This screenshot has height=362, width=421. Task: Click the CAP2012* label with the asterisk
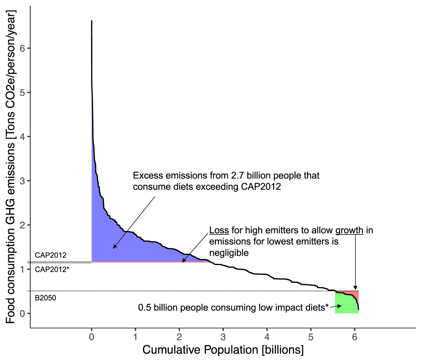pos(52,270)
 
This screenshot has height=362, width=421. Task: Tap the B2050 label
pos(45,298)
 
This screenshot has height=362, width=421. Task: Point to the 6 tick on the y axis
pos(23,48)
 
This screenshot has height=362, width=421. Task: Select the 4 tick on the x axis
pos(267,337)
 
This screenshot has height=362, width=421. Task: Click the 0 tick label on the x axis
pos(92,337)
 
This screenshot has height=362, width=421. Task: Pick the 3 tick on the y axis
pos(23,181)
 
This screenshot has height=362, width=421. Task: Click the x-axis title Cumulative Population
pos(223,350)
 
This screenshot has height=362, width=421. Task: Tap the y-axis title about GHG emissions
pos(11,167)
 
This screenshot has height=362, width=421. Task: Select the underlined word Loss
pos(219,230)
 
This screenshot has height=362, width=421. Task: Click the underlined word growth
pos(349,230)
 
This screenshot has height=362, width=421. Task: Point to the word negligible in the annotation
pos(229,253)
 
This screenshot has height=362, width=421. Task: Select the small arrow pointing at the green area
pos(339,306)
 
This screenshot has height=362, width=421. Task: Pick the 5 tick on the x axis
pos(311,337)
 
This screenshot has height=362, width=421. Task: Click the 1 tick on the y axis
pos(23,269)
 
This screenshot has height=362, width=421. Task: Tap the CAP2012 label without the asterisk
pos(51,255)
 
